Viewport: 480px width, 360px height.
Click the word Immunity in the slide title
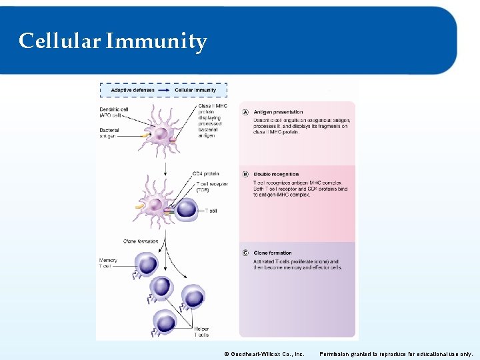pos(156,42)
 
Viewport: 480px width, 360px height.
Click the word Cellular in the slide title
pos(59,41)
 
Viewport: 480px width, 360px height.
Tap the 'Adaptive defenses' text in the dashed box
pos(133,90)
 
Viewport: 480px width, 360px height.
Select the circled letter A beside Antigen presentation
pos(245,112)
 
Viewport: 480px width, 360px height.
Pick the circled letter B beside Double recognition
pos(245,175)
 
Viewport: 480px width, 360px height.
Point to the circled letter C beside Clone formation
pos(245,253)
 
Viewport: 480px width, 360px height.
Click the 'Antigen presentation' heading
pos(278,112)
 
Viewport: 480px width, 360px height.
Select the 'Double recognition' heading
pos(276,175)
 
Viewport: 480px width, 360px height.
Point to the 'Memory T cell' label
pos(108,263)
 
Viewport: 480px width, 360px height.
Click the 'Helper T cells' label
pos(201,332)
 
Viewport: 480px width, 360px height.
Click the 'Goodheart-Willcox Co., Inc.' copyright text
pos(264,354)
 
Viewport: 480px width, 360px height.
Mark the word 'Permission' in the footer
pos(334,354)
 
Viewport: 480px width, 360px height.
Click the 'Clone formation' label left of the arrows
pos(141,241)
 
